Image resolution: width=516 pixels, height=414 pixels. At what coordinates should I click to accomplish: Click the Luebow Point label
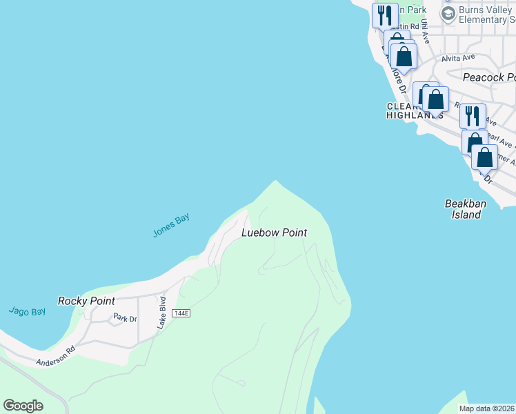(274, 233)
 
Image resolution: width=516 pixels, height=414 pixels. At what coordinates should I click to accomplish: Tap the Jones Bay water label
(170, 226)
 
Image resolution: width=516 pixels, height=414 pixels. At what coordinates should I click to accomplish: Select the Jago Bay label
(28, 311)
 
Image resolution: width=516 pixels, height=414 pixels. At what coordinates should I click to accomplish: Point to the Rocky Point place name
(86, 301)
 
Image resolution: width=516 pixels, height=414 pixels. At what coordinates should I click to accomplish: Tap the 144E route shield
(181, 313)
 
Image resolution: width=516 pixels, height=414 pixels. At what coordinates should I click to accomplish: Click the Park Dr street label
(126, 319)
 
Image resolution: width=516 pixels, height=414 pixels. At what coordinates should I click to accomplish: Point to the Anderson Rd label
(55, 358)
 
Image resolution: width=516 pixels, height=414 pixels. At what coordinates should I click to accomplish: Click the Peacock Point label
(488, 77)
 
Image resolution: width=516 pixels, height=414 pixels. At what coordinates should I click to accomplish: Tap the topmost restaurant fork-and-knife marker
(384, 15)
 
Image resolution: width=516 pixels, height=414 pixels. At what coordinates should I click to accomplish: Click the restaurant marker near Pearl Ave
(472, 115)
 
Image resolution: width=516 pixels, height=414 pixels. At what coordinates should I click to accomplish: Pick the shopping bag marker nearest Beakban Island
(484, 157)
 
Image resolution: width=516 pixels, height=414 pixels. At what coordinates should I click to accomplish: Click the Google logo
(23, 406)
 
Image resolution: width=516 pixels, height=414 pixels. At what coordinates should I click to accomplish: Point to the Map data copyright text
(486, 408)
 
